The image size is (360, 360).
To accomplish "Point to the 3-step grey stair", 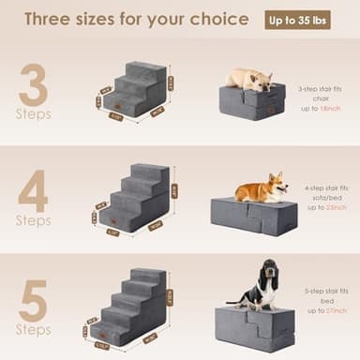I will (x=137, y=91).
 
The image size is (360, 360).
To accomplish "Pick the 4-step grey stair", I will (x=137, y=199).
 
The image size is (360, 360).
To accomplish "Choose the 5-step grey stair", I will (x=135, y=306).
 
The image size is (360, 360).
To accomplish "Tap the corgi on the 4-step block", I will (x=262, y=190).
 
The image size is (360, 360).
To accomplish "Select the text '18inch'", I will (x=330, y=109).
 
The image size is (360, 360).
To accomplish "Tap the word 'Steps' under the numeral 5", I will (x=33, y=330).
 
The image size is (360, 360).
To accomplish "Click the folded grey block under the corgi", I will (x=254, y=217).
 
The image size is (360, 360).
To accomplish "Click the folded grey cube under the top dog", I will (x=251, y=101).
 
